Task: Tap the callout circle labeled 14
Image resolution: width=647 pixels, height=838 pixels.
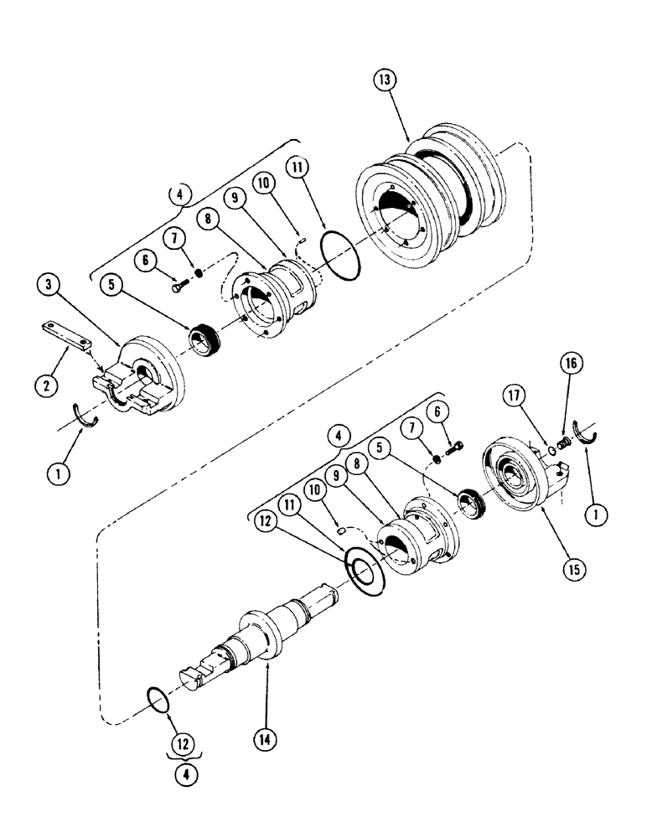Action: pos(266,739)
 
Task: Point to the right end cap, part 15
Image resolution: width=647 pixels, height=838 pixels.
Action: pos(522,478)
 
